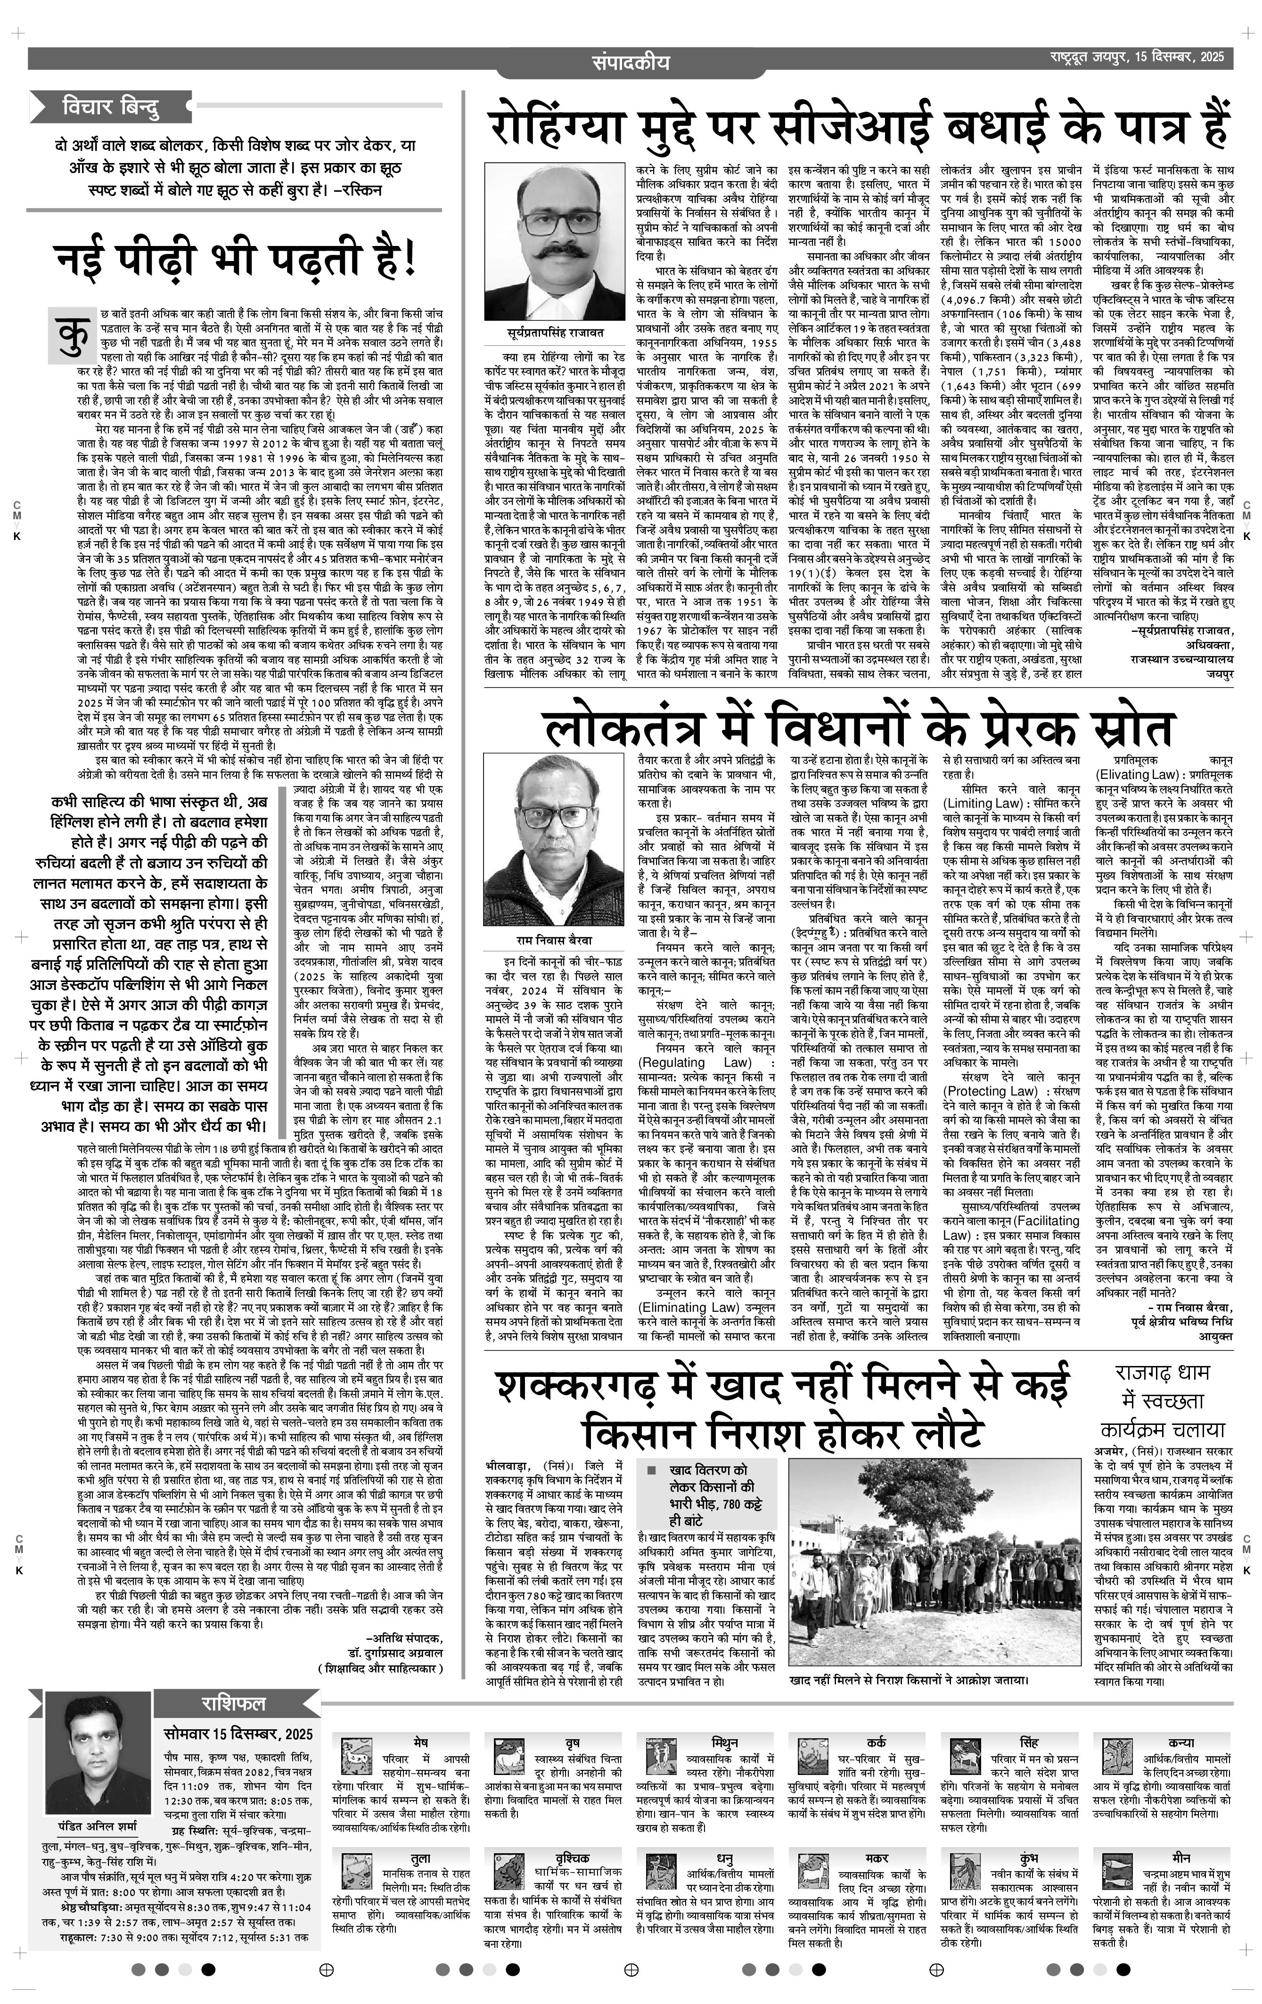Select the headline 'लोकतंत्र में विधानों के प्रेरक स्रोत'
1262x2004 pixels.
point(857,728)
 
